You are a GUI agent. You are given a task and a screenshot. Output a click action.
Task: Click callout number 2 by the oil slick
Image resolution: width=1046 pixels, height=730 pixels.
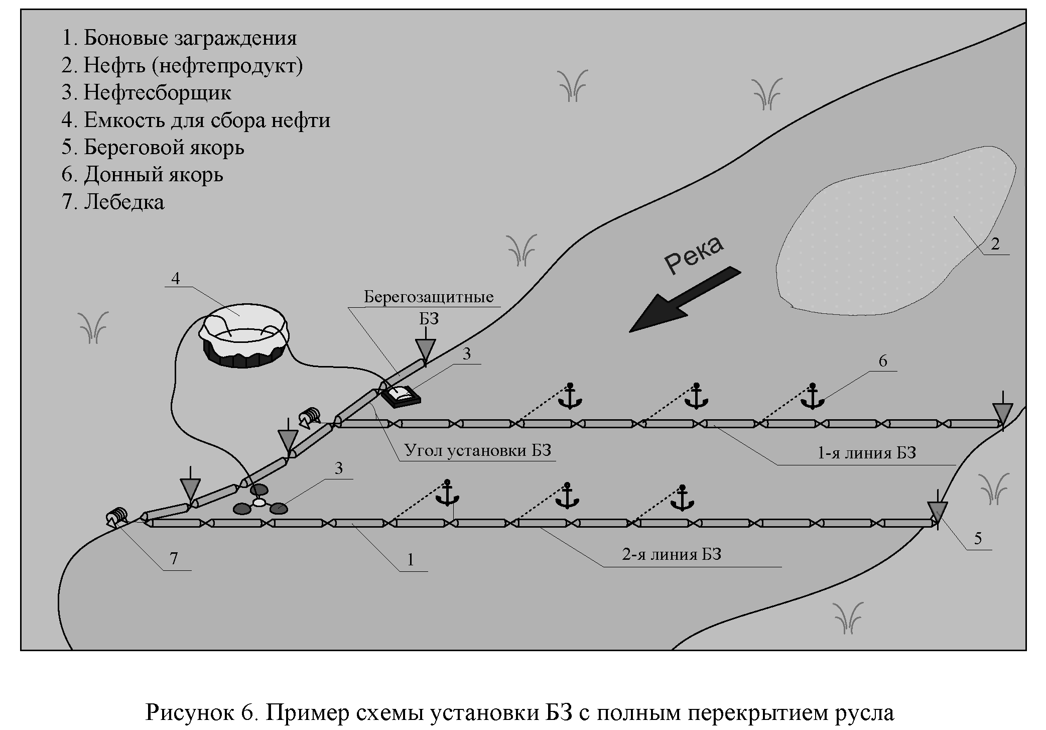click(995, 245)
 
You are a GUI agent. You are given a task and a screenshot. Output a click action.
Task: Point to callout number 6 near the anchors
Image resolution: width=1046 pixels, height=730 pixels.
click(883, 361)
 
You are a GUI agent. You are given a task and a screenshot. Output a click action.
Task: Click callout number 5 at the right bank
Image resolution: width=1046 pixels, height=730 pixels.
click(978, 539)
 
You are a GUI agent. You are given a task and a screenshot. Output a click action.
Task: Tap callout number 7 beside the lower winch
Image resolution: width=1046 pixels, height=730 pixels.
click(174, 558)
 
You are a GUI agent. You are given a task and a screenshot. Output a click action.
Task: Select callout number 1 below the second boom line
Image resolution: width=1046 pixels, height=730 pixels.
click(411, 559)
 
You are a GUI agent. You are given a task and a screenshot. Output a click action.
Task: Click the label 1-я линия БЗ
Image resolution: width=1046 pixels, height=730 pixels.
click(867, 453)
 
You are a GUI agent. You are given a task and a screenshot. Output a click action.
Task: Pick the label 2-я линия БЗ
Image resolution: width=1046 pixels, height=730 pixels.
click(672, 555)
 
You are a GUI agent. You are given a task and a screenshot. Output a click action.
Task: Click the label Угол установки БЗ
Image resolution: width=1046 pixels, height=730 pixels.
click(478, 451)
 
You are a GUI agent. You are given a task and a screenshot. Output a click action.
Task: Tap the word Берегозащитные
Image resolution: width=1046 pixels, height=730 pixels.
click(429, 297)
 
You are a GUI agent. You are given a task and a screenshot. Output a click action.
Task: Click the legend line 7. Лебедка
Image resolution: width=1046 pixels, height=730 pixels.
click(113, 202)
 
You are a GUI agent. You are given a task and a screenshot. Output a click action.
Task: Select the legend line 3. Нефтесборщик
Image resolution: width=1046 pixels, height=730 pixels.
click(147, 93)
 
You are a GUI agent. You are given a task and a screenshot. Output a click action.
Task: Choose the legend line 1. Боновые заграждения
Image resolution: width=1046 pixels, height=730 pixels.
click(179, 38)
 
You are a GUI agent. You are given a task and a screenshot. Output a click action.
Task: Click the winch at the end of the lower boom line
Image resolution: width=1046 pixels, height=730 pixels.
click(117, 517)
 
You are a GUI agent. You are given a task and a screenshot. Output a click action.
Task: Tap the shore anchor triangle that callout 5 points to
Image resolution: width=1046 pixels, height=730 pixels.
click(937, 511)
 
